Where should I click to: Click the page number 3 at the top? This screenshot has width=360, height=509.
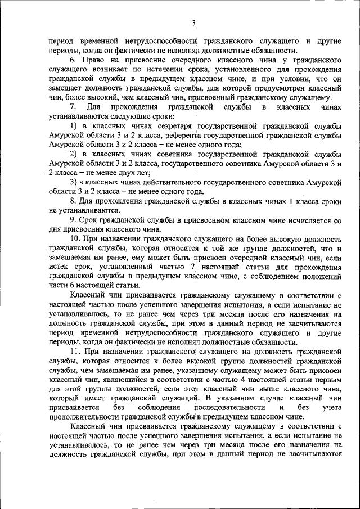[x=193, y=23]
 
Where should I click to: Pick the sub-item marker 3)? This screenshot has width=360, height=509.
[x=74, y=183]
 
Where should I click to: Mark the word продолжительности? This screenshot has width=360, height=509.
[x=83, y=417]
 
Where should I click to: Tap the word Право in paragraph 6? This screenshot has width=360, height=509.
[x=92, y=60]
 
